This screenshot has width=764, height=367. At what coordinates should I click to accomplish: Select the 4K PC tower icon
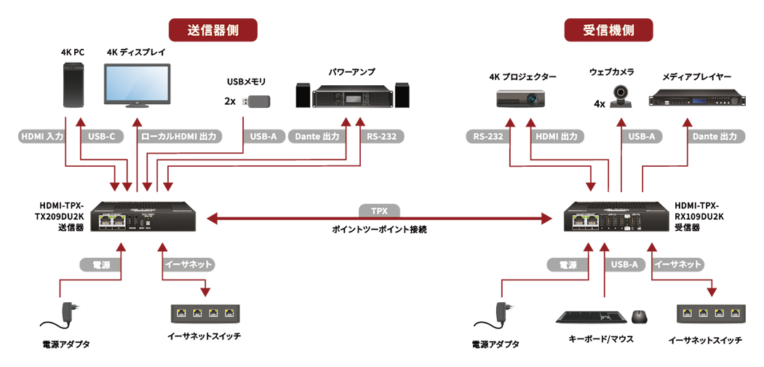pos(73,85)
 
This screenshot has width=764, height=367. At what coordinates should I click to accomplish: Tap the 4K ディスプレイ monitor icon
pos(137,86)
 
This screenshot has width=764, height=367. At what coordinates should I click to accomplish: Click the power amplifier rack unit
pos(352,95)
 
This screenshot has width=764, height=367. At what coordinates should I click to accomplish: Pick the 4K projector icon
pos(521,98)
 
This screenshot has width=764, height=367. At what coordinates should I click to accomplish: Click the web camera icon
pos(621,95)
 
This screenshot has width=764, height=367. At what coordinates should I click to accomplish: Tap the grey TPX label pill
pos(379,210)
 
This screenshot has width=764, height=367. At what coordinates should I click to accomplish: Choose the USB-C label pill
pos(102,136)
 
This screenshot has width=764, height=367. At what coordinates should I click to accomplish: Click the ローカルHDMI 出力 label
pos(180,136)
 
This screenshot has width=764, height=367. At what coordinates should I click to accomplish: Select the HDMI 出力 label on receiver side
pos(557,136)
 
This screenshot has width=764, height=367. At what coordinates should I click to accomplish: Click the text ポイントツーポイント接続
pos(379,229)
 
